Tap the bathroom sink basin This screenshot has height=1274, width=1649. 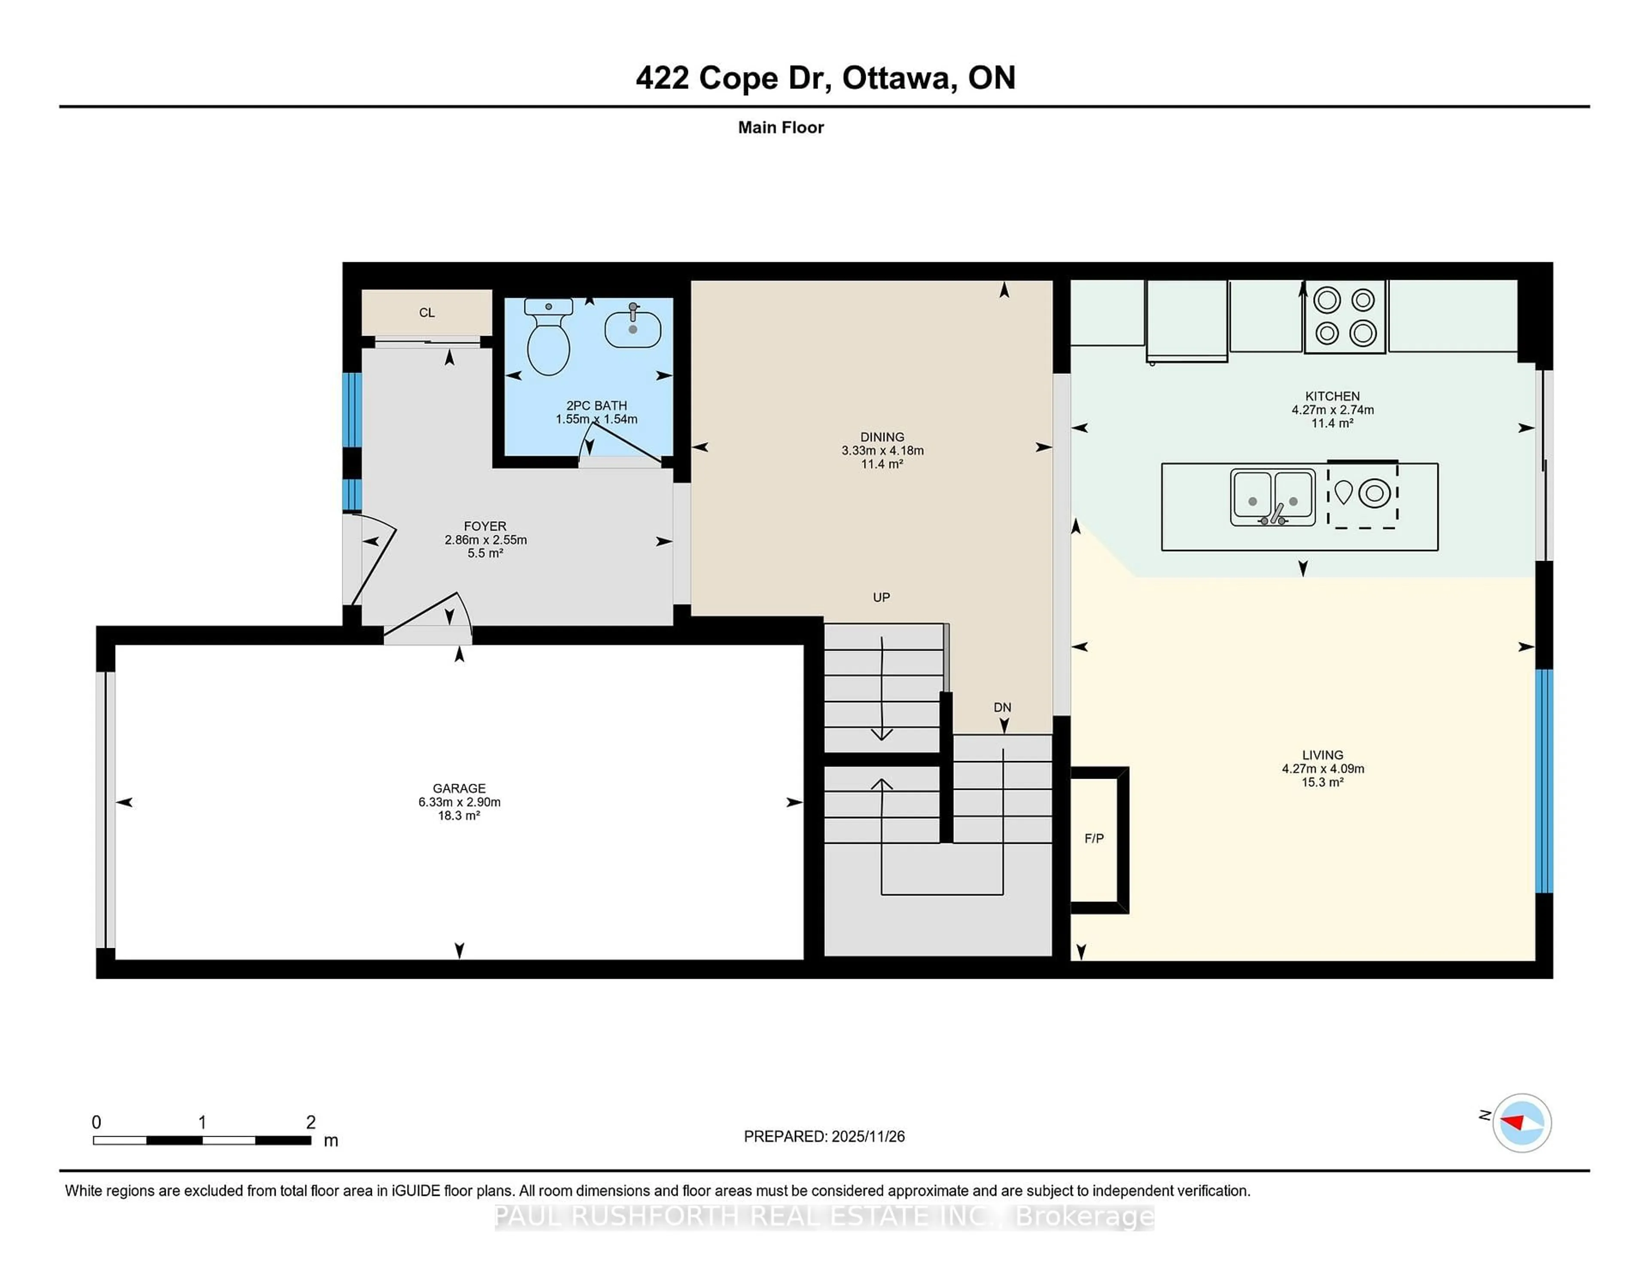(633, 329)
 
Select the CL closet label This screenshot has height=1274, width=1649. (426, 312)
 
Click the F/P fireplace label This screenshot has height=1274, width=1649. (1094, 838)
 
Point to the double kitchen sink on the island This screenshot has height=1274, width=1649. (1272, 497)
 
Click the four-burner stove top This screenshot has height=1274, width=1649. (1345, 317)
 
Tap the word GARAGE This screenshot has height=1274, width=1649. (459, 788)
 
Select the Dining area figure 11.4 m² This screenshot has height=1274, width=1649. (882, 464)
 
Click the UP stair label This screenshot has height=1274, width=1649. (881, 597)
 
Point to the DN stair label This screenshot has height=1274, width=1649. (1002, 707)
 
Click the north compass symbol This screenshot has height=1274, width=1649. (1521, 1122)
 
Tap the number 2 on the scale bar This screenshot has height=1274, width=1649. (310, 1122)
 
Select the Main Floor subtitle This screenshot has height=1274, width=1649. (781, 127)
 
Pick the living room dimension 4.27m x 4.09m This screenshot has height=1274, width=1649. (1323, 768)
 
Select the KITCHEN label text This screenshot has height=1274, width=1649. (1333, 396)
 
